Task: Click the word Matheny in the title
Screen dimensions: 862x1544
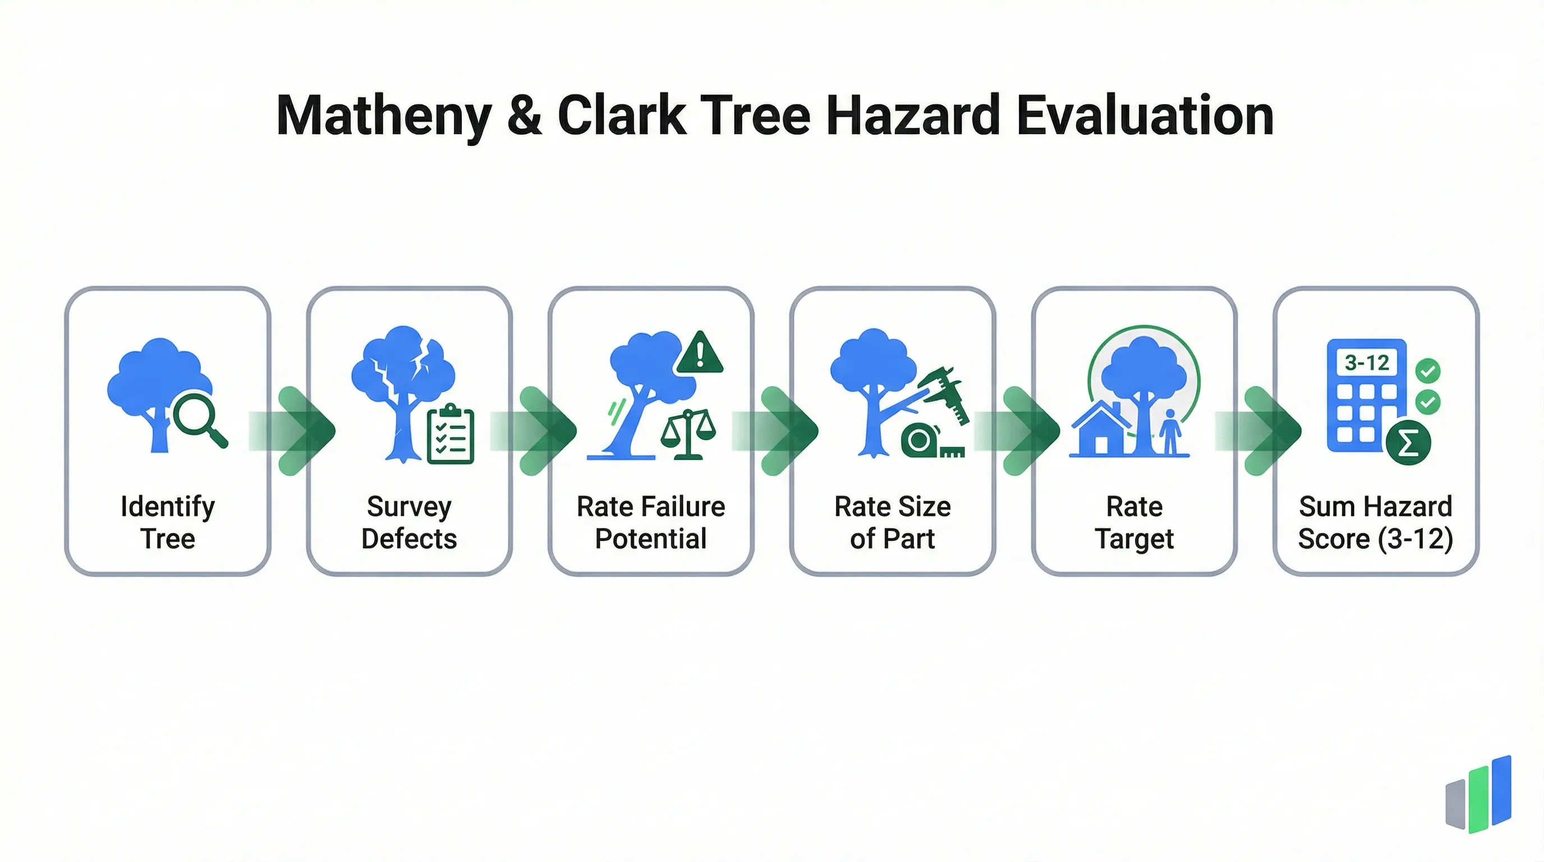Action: pos(384,117)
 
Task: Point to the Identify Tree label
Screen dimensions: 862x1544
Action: pos(168,522)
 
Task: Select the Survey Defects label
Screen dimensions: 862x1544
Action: pos(409,522)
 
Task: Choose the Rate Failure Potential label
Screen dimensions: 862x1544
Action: pos(651,522)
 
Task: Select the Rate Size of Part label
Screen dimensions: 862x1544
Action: pos(893,522)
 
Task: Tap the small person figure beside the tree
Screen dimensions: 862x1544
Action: pos(1169,432)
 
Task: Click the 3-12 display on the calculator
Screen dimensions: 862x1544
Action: pos(1367,363)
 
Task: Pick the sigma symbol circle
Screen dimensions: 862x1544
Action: pos(1408,443)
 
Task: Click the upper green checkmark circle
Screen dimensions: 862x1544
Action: pos(1428,371)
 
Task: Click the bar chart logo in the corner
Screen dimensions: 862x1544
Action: pos(1479,794)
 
